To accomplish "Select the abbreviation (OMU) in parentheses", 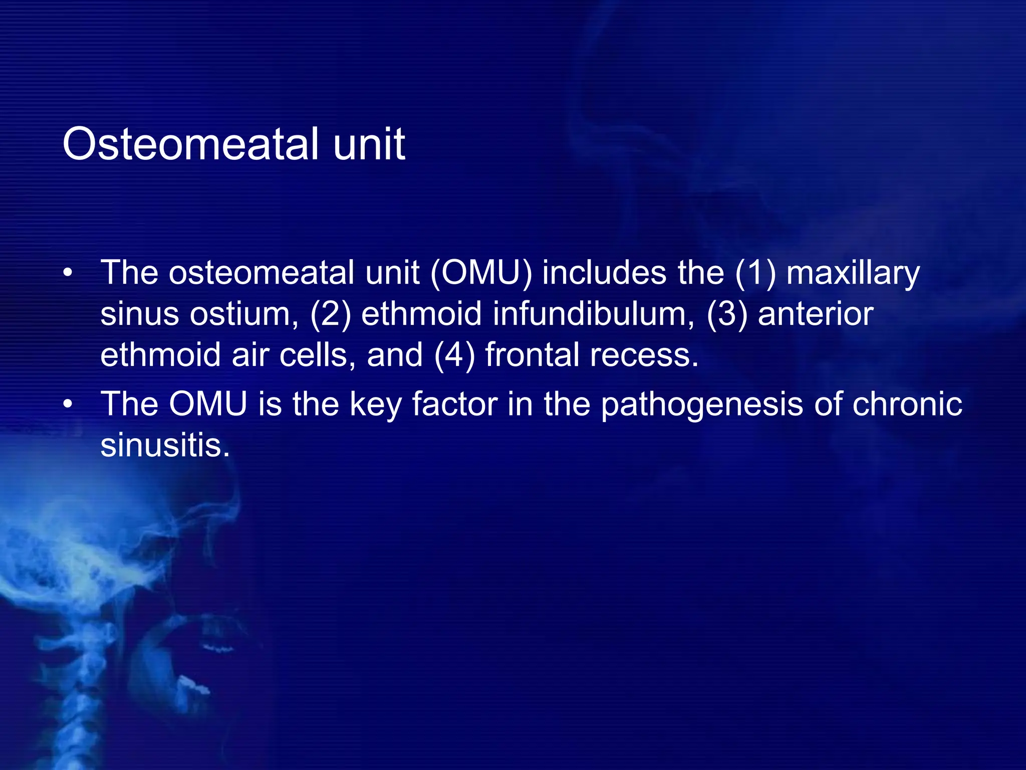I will [481, 273].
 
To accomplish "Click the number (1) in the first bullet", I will [755, 273].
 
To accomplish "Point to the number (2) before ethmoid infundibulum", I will [330, 314].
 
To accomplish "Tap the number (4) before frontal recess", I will [454, 355].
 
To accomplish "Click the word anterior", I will [816, 314].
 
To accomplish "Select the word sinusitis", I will [165, 445].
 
